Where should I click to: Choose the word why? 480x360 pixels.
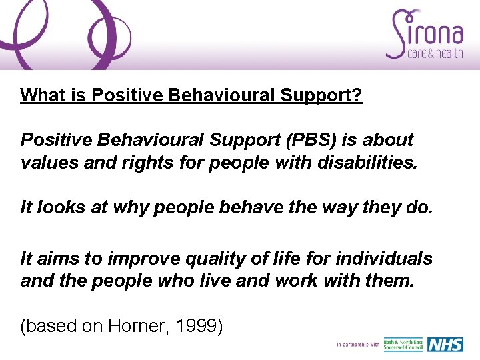[131, 208]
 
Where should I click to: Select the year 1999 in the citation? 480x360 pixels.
[203, 327]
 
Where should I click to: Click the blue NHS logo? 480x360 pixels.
[445, 345]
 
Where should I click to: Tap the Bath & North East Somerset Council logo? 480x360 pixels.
[403, 345]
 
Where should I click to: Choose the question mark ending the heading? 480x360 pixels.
[357, 95]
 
